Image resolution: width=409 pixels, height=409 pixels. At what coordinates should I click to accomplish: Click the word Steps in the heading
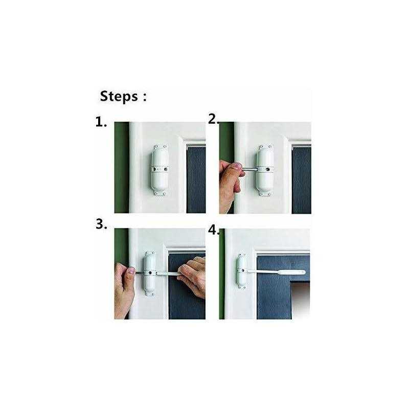pyautogui.click(x=119, y=97)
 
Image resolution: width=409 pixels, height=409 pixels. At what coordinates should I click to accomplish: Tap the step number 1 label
pyautogui.click(x=101, y=122)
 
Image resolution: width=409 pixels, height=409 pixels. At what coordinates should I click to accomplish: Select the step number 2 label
pyautogui.click(x=214, y=119)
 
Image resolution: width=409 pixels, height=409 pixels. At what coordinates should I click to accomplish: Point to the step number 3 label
pyautogui.click(x=101, y=224)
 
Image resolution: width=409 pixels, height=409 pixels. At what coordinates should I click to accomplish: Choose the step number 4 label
pyautogui.click(x=214, y=231)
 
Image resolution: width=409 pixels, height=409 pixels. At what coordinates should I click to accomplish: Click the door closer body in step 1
pyautogui.click(x=160, y=170)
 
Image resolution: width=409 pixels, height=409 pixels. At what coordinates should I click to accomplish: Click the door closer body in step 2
pyautogui.click(x=265, y=170)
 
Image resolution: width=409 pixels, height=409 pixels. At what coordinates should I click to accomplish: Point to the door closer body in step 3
pyautogui.click(x=150, y=274)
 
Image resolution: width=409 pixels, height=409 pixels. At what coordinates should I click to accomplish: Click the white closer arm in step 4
pyautogui.click(x=276, y=272)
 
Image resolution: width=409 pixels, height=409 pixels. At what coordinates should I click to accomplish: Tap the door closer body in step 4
pyautogui.click(x=242, y=271)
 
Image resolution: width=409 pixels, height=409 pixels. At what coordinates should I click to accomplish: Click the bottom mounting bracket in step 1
pyautogui.click(x=160, y=193)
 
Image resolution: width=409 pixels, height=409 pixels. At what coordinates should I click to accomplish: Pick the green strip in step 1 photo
pyautogui.click(x=122, y=168)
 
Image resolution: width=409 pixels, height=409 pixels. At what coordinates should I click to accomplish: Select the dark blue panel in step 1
pyautogui.click(x=196, y=180)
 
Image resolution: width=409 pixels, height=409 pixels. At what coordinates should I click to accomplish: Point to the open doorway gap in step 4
pyautogui.click(x=301, y=300)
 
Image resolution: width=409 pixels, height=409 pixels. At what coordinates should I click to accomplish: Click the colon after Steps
pyautogui.click(x=145, y=97)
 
